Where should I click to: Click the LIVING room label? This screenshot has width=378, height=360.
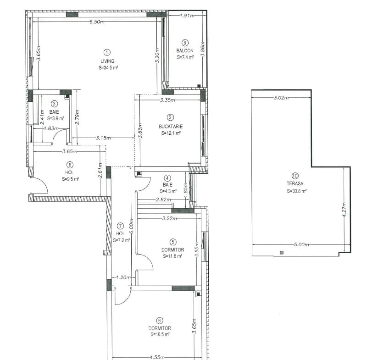click(107, 61)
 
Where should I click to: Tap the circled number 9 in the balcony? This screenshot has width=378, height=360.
click(185, 43)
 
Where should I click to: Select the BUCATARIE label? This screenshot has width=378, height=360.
click(171, 126)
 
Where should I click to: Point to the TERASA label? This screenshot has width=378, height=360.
click(295, 183)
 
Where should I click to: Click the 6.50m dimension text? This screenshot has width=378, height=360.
click(97, 22)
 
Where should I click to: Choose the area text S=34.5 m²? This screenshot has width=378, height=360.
click(108, 68)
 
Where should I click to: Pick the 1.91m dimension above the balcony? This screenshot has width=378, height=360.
click(187, 16)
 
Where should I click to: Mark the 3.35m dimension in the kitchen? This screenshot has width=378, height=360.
click(167, 100)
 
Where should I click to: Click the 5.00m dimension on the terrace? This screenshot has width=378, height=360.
click(301, 244)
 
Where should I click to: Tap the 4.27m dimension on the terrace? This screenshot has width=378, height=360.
click(344, 210)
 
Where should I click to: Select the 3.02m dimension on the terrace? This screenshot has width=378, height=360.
click(281, 98)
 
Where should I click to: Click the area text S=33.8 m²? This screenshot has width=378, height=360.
click(297, 191)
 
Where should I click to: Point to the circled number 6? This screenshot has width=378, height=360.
click(160, 321)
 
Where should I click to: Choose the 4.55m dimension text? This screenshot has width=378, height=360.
click(157, 357)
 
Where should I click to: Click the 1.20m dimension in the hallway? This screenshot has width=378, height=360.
click(123, 277)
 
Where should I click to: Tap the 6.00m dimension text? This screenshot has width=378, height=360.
click(131, 226)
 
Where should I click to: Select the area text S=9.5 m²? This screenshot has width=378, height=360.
click(70, 179)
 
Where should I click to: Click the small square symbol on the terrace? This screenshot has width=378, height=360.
click(281, 253)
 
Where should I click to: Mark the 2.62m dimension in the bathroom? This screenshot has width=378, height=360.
click(163, 199)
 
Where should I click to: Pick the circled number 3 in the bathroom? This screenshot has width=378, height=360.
click(55, 104)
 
